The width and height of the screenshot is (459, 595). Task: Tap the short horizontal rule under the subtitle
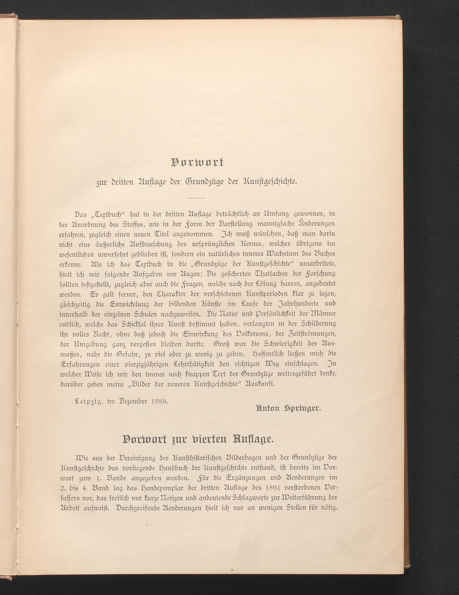[x=196, y=198]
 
